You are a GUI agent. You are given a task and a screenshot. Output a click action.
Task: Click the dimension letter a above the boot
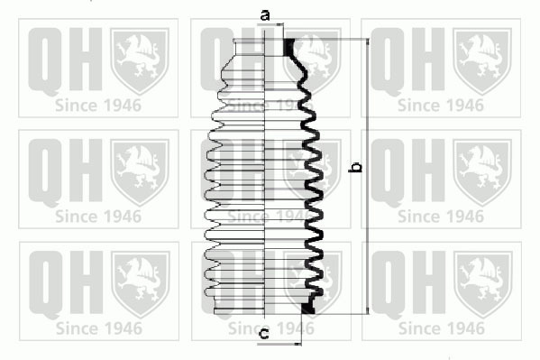click(x=265, y=16)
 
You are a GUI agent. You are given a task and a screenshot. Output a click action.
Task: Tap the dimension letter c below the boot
click(x=264, y=334)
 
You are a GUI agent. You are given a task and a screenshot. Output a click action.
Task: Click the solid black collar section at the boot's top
click(x=288, y=47)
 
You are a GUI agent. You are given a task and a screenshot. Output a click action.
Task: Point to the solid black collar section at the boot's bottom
click(x=308, y=308)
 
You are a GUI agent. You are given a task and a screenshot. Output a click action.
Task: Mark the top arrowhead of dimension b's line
click(x=368, y=42)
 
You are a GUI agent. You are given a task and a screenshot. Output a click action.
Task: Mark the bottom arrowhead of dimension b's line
click(x=368, y=310)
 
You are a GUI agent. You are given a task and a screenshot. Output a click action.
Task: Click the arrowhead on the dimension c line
click(x=297, y=344)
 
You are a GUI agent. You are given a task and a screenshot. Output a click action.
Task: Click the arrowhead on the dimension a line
click(x=279, y=24)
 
